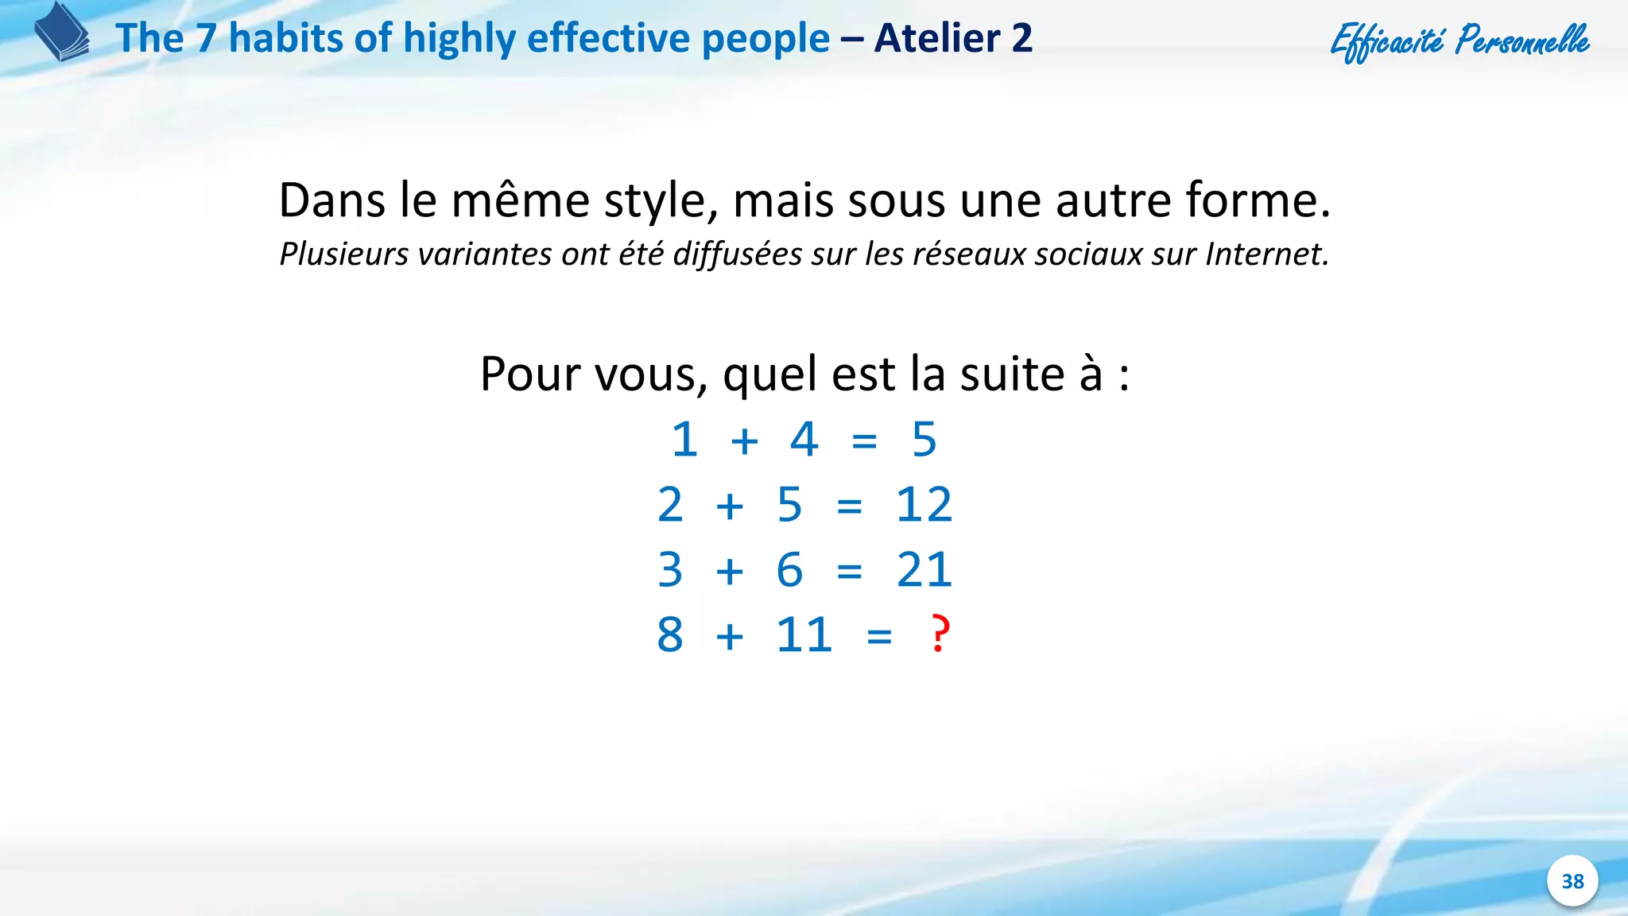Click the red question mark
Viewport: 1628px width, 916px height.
940,634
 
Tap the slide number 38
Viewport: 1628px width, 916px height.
1572,881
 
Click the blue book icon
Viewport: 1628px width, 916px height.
61,32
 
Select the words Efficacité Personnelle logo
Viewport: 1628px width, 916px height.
1459,41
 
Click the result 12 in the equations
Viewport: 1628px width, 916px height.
924,504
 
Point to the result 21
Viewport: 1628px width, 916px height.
924,569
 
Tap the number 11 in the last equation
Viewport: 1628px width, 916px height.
804,635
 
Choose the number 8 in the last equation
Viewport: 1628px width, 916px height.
670,635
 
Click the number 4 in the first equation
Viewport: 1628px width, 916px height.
804,439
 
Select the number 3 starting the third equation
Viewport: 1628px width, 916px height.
670,569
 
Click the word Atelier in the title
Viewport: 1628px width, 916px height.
937,38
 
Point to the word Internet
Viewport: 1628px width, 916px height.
1267,254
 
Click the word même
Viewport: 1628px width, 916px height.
520,200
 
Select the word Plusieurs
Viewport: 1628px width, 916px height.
343,254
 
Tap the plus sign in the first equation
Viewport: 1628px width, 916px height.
745,441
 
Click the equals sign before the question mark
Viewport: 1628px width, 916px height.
879,636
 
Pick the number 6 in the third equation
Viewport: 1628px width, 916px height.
789,569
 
